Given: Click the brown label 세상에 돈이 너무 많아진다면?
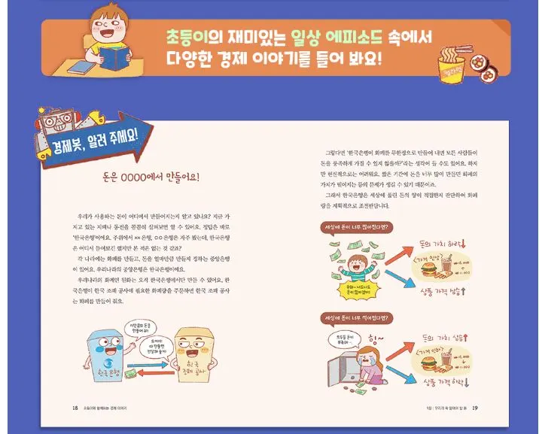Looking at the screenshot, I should click(353, 226).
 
